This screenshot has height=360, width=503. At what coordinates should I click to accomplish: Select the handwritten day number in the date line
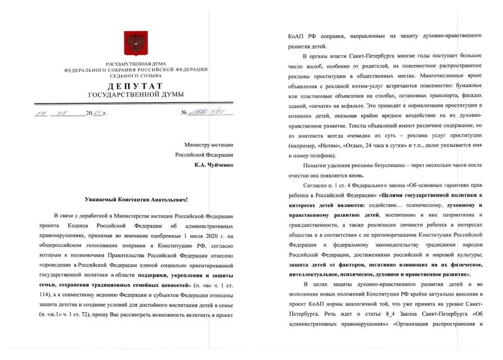(x=40, y=112)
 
